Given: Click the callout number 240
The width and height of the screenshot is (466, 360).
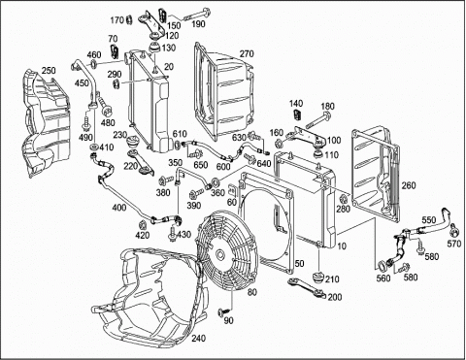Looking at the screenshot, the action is point(198,339).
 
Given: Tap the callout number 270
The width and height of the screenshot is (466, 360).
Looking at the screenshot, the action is point(247,53).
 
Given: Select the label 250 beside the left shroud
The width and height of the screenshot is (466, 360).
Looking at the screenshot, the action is point(49,71).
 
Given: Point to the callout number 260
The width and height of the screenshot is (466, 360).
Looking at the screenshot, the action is point(409,185).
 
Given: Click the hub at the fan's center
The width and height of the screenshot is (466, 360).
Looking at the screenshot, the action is point(220,254).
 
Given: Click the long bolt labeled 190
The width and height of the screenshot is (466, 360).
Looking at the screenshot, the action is point(197,15).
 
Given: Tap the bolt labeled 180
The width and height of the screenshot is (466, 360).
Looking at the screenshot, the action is point(318,119).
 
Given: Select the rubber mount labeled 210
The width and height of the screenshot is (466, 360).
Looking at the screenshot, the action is point(317,278).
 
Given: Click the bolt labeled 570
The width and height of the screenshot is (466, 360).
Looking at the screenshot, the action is point(453,229).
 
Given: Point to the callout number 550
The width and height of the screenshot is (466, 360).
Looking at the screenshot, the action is point(429,220).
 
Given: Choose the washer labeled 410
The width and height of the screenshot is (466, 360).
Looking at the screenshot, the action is point(94,147).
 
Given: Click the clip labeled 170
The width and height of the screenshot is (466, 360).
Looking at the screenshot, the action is point(129,19).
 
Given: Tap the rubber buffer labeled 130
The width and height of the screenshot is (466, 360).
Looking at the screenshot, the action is point(154,48).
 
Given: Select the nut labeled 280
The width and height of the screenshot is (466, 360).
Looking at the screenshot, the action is point(343,199).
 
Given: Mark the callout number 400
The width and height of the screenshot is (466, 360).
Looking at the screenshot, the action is point(119,208).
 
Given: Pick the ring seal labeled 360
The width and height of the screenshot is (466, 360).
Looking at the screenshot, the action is point(216,181).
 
